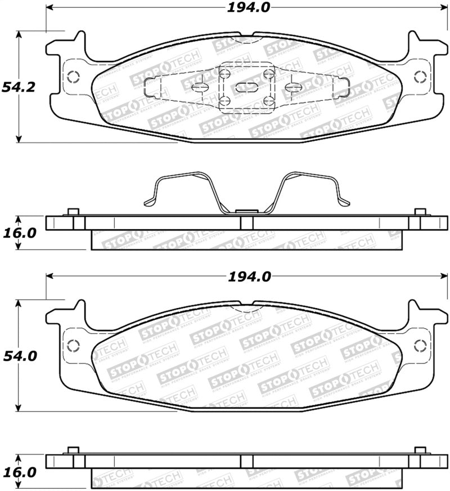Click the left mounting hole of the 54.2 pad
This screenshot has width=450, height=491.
pos(72,77)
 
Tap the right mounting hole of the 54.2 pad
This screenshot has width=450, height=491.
pos(419,77)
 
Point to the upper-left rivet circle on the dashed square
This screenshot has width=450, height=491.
pos(224,73)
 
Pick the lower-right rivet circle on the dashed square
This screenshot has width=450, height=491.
pos(268,101)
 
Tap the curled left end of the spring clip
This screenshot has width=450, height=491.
pos(149,202)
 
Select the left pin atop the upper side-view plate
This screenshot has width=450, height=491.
pos(71,212)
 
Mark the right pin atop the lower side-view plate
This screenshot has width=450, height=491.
pos(419,450)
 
